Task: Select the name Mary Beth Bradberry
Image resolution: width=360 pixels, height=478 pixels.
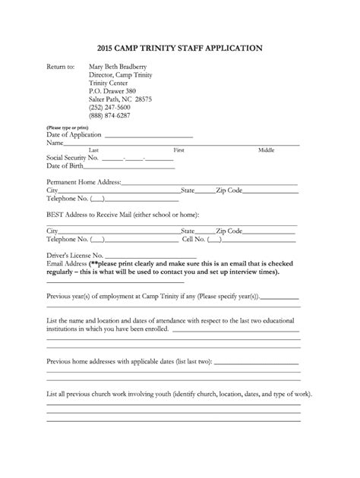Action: (x=118, y=67)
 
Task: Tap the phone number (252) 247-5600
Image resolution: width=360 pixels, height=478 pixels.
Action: (x=110, y=107)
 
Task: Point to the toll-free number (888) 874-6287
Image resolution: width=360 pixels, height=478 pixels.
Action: (x=110, y=115)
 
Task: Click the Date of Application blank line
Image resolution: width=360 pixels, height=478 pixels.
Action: (x=149, y=134)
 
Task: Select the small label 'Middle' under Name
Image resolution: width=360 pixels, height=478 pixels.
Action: (x=266, y=149)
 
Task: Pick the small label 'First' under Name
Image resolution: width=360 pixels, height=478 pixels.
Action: (x=179, y=149)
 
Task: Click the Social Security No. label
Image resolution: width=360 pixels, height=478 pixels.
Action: (x=73, y=158)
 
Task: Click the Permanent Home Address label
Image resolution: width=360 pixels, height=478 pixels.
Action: (x=84, y=182)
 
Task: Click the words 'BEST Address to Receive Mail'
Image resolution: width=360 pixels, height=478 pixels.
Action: (x=92, y=215)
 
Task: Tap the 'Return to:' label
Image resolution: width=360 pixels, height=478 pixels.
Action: (x=61, y=67)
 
